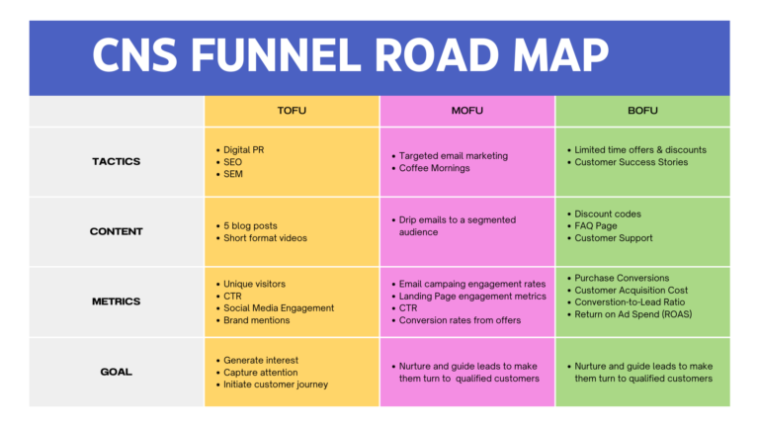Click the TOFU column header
click(x=292, y=111)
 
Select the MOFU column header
click(x=467, y=111)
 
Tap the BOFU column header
click(x=642, y=111)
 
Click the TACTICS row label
click(x=117, y=161)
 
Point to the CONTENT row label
click(x=117, y=231)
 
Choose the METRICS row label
click(x=117, y=301)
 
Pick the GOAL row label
click(x=117, y=372)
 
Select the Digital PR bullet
click(x=244, y=150)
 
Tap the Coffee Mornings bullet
click(x=435, y=168)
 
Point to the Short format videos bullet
click(x=265, y=238)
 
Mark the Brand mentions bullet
click(x=257, y=320)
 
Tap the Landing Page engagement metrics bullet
click(x=472, y=296)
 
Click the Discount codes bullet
click(x=608, y=213)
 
